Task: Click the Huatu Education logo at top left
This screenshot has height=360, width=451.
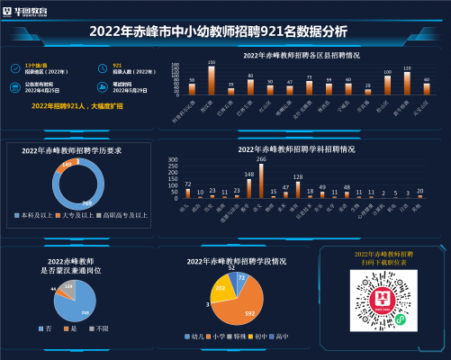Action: click(x=27, y=12)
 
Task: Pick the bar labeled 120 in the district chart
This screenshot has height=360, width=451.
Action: click(x=407, y=83)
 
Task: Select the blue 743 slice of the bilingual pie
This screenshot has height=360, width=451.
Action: click(x=79, y=311)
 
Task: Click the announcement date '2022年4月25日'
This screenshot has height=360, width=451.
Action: click(x=38, y=91)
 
